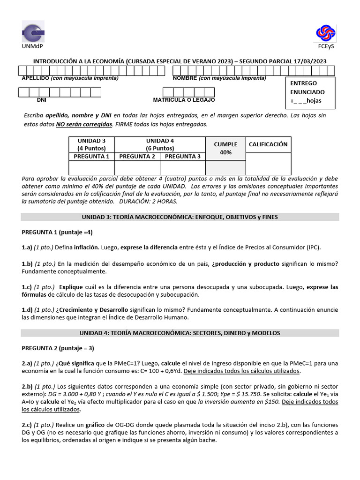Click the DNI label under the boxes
[x=42, y=100]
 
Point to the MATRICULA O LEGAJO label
[x=184, y=100]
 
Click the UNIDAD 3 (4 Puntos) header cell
[x=91, y=144]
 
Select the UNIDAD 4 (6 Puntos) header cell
[x=160, y=144]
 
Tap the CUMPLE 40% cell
[x=225, y=148]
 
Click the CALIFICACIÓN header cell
[x=268, y=144]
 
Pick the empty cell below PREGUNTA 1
[x=91, y=167]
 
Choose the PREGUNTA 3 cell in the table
[x=182, y=157]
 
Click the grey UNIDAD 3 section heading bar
[x=180, y=217]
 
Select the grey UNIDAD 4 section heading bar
[x=180, y=333]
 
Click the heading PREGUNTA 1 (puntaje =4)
[x=57, y=232]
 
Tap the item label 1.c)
[x=27, y=287]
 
